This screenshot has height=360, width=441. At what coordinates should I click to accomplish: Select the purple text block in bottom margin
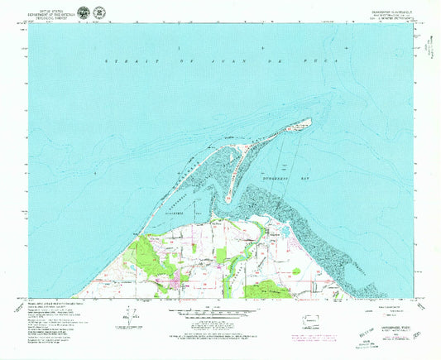tap(308, 335)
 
